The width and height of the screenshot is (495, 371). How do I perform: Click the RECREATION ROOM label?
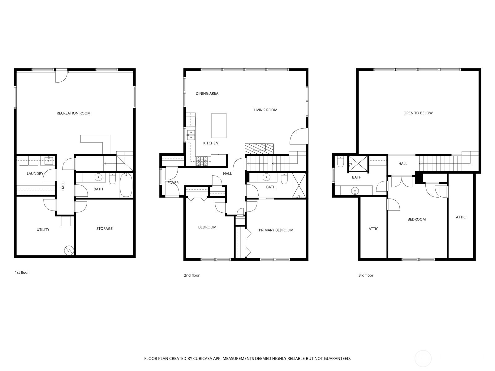click(74, 113)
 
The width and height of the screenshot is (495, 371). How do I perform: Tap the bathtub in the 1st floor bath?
click(126, 185)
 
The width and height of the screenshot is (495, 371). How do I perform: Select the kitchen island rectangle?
click(219, 125)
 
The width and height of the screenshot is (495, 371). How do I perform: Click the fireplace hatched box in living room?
click(259, 149)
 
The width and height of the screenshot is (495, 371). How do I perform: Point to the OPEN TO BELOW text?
click(418, 113)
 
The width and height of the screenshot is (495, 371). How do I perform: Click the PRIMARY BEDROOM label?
click(276, 230)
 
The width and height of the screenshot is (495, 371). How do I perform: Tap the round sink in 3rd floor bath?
click(355, 191)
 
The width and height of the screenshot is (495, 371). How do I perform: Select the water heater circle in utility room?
click(68, 250)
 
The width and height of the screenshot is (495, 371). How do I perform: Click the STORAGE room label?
click(104, 228)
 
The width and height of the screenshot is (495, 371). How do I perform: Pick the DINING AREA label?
click(207, 93)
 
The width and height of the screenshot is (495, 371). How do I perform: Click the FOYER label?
click(173, 183)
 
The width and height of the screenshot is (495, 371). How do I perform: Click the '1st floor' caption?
click(22, 272)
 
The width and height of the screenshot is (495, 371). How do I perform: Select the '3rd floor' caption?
click(366, 275)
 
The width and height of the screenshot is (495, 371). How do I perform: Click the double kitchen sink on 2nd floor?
click(191, 134)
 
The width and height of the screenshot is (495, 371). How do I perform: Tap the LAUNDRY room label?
click(35, 173)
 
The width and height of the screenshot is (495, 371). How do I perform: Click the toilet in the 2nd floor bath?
click(284, 179)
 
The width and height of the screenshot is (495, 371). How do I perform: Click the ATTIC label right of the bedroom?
click(461, 217)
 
